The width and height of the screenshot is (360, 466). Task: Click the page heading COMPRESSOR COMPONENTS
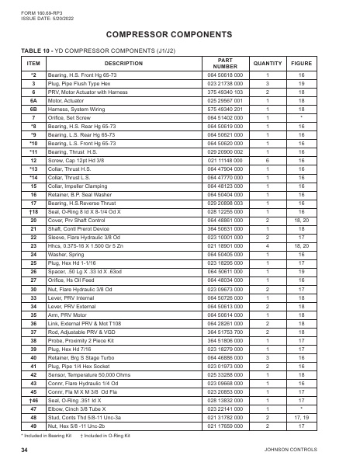point(179,35)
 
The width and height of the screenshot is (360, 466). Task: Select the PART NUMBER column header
point(225,63)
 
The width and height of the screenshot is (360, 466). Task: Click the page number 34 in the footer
point(25,450)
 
